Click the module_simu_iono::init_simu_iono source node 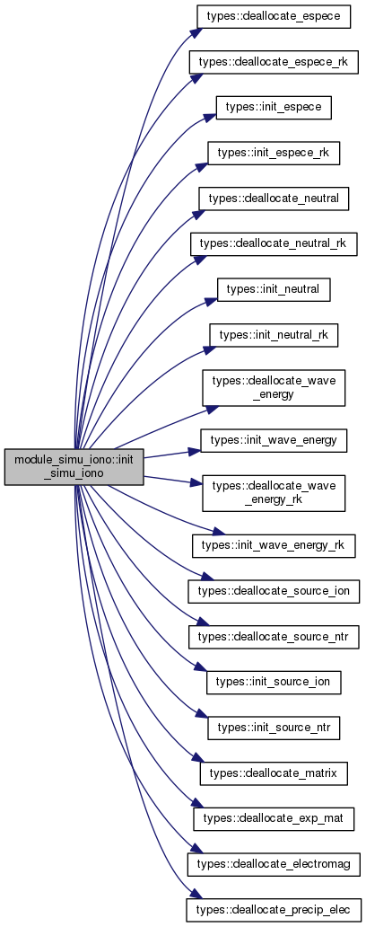click(x=74, y=467)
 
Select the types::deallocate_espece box click(x=274, y=16)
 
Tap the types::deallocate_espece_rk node click(x=274, y=62)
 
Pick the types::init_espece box click(x=274, y=108)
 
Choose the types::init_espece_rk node click(x=274, y=153)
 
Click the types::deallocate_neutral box click(x=274, y=199)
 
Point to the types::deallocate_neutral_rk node click(x=274, y=244)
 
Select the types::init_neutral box click(x=274, y=289)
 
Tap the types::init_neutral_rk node click(x=274, y=335)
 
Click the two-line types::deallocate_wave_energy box click(x=274, y=388)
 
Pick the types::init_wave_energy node click(x=274, y=440)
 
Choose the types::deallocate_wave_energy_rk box click(x=274, y=493)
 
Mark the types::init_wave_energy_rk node click(x=274, y=545)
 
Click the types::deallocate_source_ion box click(x=274, y=591)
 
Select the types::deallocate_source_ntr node click(x=274, y=636)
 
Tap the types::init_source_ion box click(x=274, y=682)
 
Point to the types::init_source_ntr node click(x=274, y=728)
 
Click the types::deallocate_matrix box click(x=274, y=772)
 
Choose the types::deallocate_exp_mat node click(x=274, y=818)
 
